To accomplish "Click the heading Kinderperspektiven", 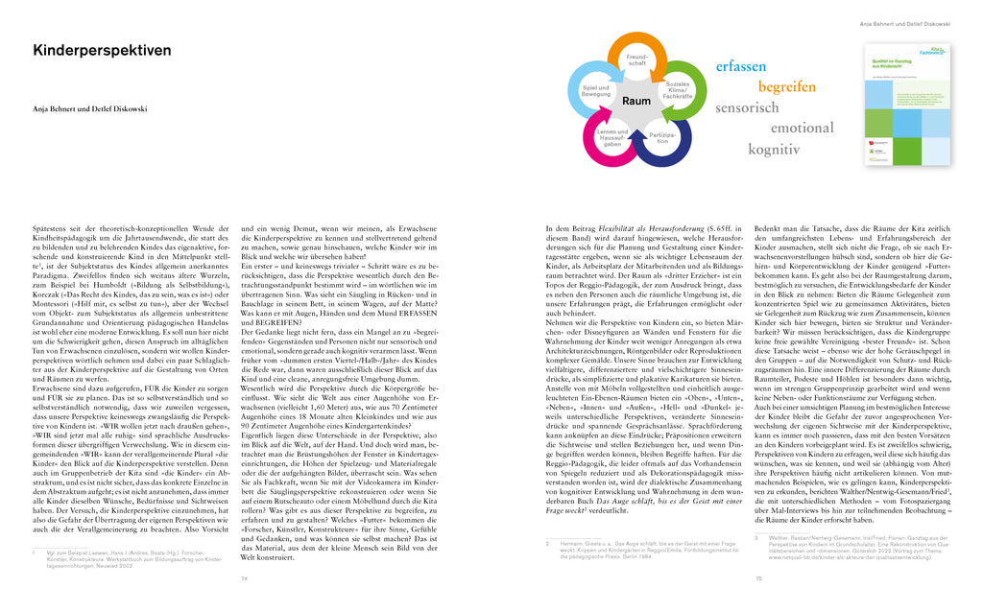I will pyautogui.click(x=102, y=51).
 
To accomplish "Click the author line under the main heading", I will pyautogui.click(x=89, y=109).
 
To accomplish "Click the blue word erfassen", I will pyautogui.click(x=741, y=66).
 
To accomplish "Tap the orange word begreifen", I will pyautogui.click(x=787, y=86).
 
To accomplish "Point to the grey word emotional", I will pyautogui.click(x=803, y=128).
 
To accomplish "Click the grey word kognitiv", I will pyautogui.click(x=775, y=149).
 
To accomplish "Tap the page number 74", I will pyautogui.click(x=244, y=578).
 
